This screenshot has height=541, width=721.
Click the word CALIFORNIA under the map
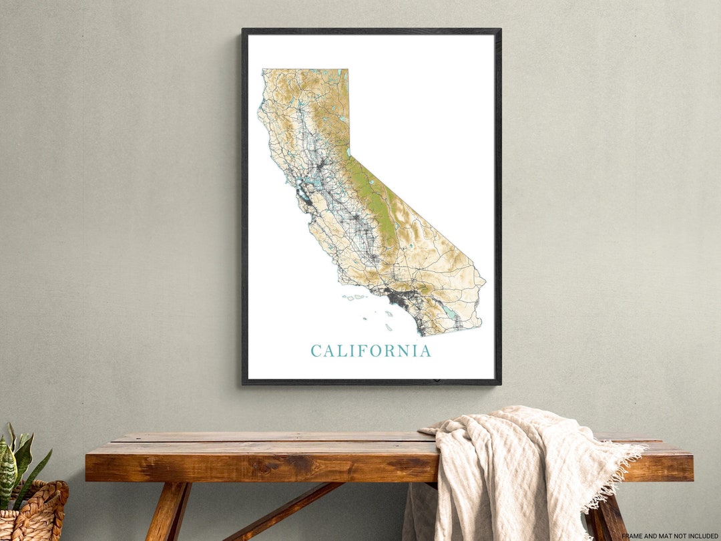[371, 351]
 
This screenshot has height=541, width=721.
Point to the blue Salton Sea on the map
[450, 313]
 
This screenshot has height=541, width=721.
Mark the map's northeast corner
[347, 70]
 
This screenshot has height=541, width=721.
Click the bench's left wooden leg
[167, 511]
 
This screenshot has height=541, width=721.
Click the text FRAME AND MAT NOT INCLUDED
[670, 536]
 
